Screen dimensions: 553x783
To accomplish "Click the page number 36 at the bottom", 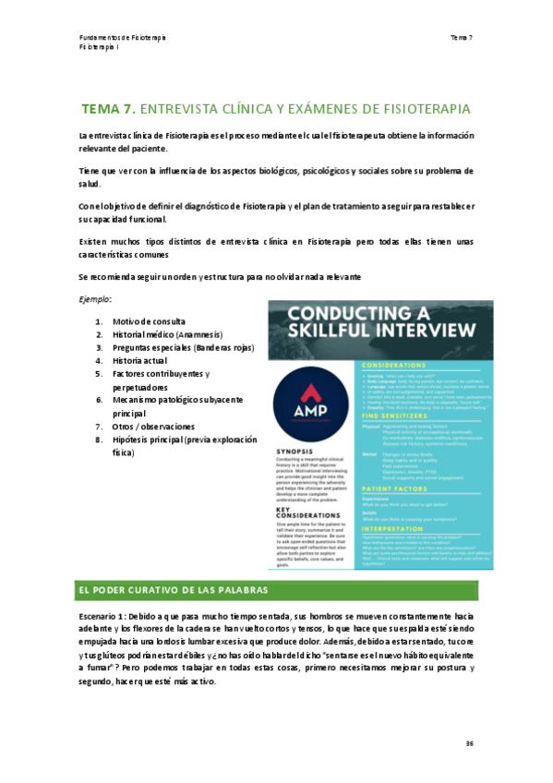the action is pos(468,741).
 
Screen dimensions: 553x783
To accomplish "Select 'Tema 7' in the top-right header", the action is pos(462,37).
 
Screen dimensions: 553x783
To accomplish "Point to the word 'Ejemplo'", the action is pos(95,299).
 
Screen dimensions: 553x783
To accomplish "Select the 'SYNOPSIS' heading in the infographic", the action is pos(296,452).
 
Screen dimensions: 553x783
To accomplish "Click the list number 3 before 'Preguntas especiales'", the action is pos(99,347).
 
